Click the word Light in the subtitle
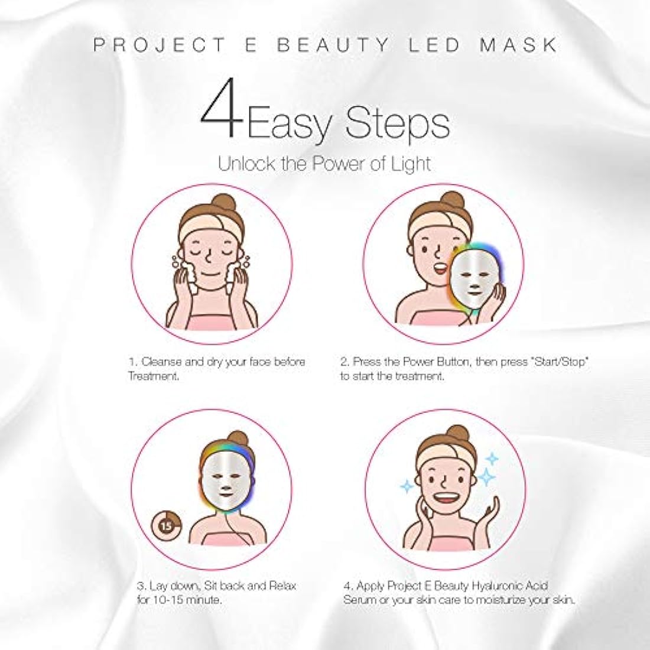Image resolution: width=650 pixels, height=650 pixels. (409, 163)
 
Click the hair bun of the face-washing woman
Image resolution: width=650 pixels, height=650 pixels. (222, 204)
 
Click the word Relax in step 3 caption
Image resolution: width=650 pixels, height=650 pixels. (281, 586)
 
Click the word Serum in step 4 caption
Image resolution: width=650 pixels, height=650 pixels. (360, 600)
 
